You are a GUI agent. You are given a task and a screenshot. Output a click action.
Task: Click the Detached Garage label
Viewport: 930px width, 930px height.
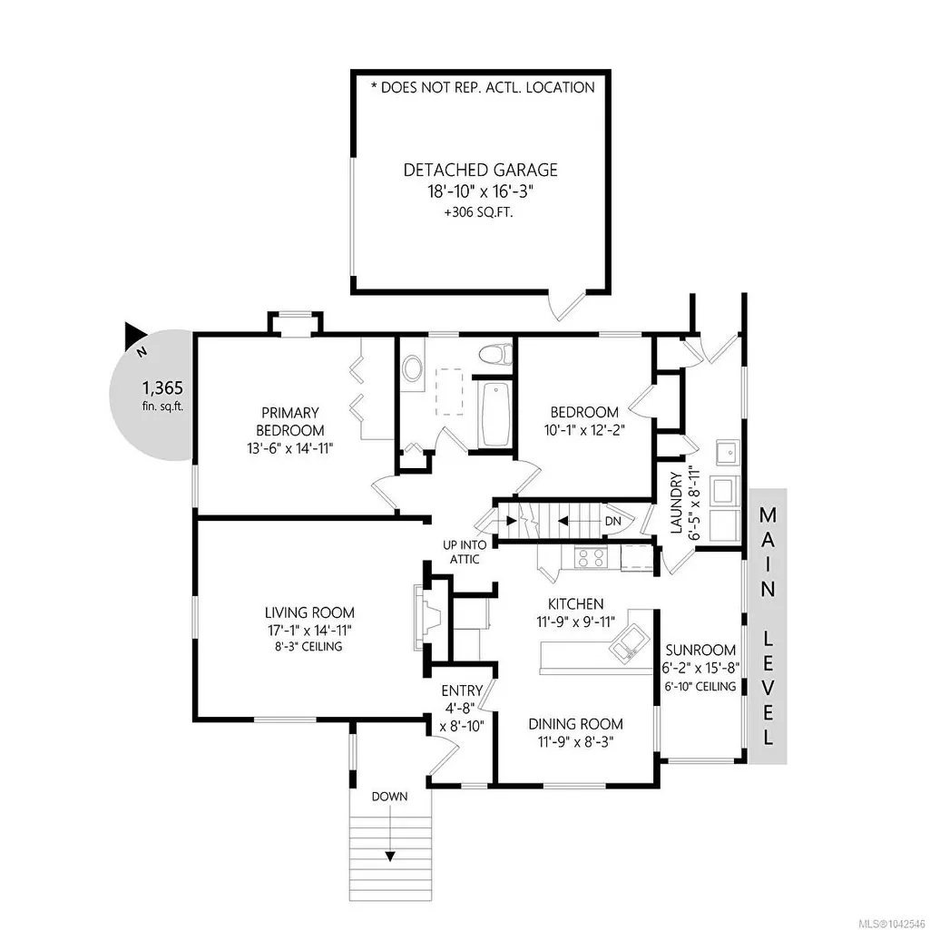click(x=480, y=171)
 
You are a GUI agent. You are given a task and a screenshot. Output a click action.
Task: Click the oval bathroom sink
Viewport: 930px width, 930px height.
click(x=412, y=369)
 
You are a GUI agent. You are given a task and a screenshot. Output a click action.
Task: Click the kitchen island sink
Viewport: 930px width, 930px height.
click(x=626, y=644)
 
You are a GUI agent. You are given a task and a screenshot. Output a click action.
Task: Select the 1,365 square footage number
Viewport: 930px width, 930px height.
click(x=162, y=388)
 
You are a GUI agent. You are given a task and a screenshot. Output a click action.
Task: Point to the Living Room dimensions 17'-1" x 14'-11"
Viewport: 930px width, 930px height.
click(x=309, y=630)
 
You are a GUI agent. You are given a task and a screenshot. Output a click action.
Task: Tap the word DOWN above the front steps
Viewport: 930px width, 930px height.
click(x=389, y=797)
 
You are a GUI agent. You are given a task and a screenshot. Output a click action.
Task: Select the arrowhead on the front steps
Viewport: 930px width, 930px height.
click(x=389, y=857)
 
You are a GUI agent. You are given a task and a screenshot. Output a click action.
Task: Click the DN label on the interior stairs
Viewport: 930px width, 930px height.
click(x=612, y=522)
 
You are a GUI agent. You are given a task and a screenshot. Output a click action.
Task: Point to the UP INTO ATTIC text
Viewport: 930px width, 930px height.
click(x=465, y=553)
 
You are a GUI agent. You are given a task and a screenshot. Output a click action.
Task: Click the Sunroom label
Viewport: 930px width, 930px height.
click(x=700, y=650)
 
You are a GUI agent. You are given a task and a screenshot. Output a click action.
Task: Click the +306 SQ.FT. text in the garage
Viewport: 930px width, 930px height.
click(x=478, y=213)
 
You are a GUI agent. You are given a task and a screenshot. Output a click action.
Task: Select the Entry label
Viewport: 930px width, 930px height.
click(x=462, y=691)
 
